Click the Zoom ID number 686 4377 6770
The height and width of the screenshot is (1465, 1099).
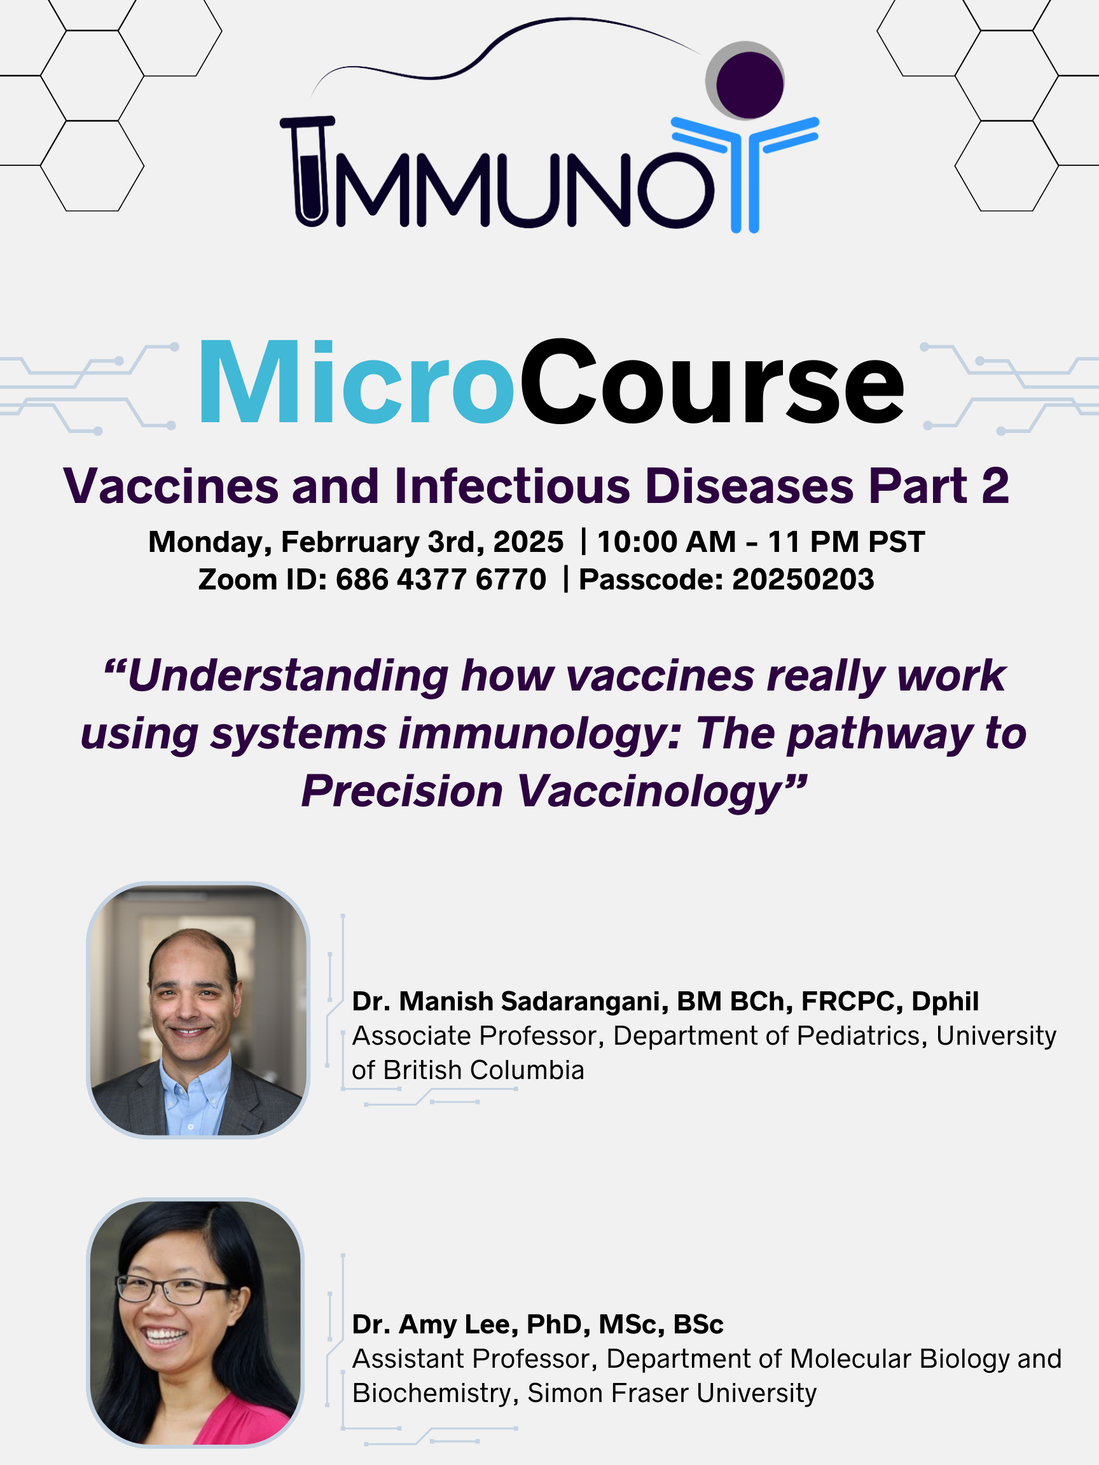[441, 579]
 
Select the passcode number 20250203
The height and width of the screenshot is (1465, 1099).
[803, 579]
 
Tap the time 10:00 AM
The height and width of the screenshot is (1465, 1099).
[667, 542]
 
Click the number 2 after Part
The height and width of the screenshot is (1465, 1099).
[995, 486]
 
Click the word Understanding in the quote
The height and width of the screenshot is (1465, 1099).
[288, 677]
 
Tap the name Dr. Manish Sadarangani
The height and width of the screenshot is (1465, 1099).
[509, 1001]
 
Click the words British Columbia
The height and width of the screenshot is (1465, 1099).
[483, 1070]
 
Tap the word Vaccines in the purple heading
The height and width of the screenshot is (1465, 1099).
[171, 486]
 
